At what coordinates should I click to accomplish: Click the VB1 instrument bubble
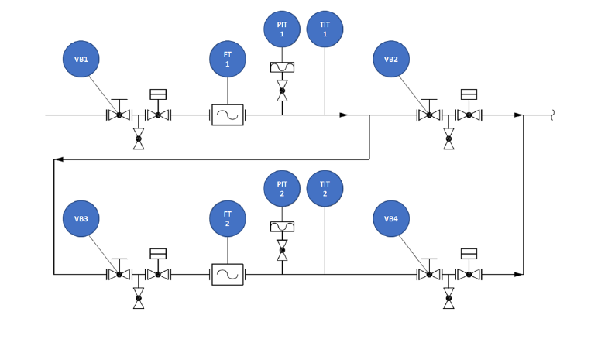tap(81, 59)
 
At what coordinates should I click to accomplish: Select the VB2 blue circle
tap(391, 59)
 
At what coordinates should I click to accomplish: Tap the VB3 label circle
tap(81, 219)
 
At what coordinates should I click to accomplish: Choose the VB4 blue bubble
tap(391, 219)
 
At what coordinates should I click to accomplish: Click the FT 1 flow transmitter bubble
tap(228, 59)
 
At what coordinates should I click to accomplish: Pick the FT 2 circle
tap(228, 219)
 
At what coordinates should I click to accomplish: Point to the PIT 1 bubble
tap(282, 29)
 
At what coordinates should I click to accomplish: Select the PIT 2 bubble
tap(282, 189)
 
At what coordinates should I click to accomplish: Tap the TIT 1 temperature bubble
tap(325, 29)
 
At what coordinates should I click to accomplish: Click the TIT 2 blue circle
tap(325, 189)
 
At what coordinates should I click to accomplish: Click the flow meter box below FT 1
tap(228, 115)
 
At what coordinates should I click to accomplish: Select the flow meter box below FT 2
tap(228, 275)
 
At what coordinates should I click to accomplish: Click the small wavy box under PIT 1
tap(282, 67)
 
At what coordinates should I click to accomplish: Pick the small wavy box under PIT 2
tap(282, 227)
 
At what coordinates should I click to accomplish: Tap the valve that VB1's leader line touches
tap(119, 115)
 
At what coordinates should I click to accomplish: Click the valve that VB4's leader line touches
tap(429, 274)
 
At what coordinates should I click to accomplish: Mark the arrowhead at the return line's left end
tap(58, 159)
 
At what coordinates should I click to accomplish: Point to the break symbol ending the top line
tap(552, 115)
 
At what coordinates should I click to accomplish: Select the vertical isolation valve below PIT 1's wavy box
tap(282, 91)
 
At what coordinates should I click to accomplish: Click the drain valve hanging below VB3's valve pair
tap(139, 298)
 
